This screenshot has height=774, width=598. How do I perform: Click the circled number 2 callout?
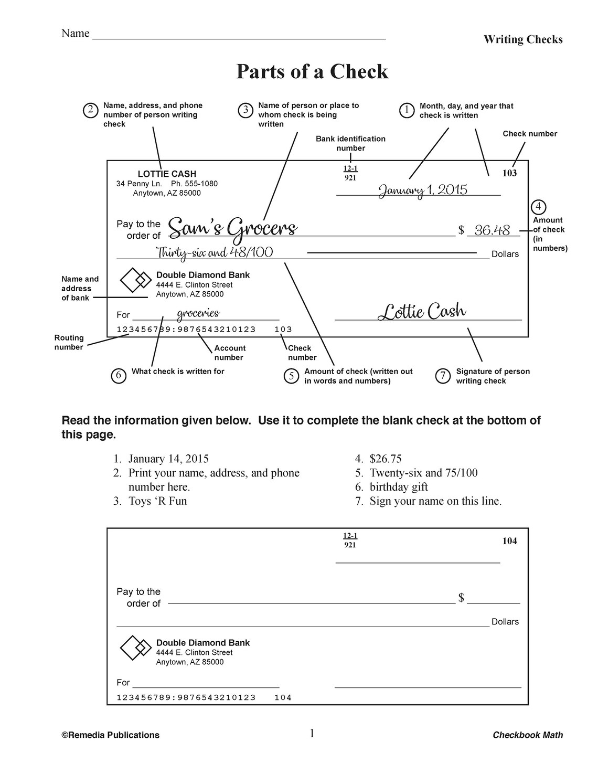(91, 110)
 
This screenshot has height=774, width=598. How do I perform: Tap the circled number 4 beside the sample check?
(538, 206)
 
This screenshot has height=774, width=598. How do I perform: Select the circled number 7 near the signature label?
(443, 376)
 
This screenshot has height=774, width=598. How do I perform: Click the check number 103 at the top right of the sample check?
(509, 173)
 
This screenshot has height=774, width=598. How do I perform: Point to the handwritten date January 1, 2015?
(423, 190)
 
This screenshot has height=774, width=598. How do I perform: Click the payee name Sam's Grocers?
(233, 229)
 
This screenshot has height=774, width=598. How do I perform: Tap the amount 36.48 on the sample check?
(492, 230)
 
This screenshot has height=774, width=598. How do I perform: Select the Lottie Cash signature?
(422, 311)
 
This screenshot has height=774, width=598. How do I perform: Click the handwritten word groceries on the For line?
(198, 313)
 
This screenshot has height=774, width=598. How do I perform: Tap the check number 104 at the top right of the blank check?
(509, 541)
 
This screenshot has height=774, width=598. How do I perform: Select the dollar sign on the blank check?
(461, 598)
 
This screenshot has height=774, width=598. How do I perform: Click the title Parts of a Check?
(312, 71)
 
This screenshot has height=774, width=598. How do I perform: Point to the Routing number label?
(69, 342)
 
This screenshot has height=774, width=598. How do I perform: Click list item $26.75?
(386, 459)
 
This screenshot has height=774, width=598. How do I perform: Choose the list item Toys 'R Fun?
(157, 501)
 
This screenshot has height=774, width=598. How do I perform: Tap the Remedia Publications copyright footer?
(111, 735)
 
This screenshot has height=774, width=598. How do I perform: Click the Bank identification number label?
(350, 143)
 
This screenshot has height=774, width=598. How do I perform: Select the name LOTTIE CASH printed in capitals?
(167, 174)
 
